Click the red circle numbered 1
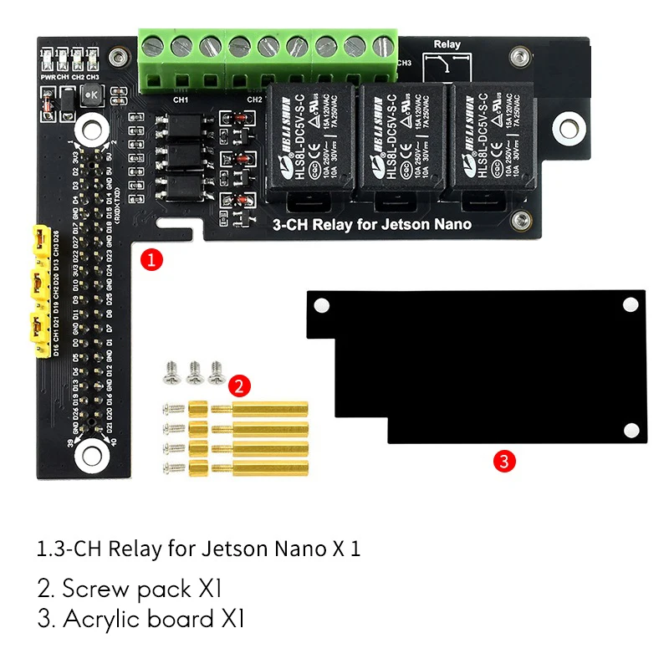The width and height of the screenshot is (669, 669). coord(151,259)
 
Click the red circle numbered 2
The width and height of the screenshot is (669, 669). coord(239,386)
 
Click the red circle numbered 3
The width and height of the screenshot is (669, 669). coord(503,460)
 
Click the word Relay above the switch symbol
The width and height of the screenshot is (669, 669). coord(447,44)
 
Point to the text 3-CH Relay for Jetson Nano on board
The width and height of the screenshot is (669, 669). coord(372,224)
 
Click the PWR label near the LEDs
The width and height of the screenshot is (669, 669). coord(48,76)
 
